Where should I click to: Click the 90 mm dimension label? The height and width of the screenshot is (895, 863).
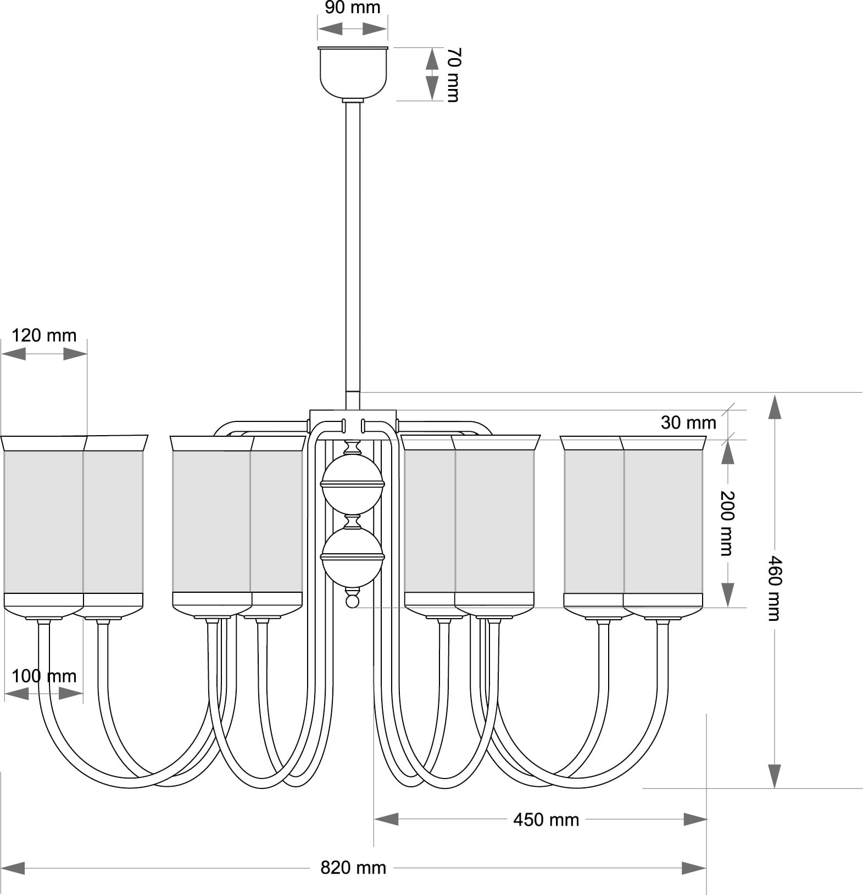[x=352, y=8]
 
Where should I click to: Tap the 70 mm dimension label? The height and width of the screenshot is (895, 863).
[x=453, y=75]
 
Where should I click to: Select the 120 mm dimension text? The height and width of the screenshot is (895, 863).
[x=44, y=335]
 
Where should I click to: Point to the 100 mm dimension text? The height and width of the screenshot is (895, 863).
[x=44, y=676]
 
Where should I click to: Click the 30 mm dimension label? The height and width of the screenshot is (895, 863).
[x=688, y=423]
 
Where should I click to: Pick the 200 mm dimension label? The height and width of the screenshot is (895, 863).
[x=727, y=522]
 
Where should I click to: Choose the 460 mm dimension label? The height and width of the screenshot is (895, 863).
[x=774, y=588]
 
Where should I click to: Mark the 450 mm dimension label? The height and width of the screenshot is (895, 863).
[x=546, y=820]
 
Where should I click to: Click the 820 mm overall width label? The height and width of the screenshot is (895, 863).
[x=353, y=868]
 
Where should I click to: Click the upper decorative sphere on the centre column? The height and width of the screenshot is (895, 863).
[x=352, y=483]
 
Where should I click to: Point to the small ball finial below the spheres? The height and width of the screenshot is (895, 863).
[x=352, y=601]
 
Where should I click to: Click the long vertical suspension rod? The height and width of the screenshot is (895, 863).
[x=353, y=247]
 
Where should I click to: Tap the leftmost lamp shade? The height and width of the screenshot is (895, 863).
[x=43, y=522]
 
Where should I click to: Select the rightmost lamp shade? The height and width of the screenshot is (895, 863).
[x=664, y=522]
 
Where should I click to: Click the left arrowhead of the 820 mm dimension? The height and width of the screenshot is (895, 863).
[x=13, y=868]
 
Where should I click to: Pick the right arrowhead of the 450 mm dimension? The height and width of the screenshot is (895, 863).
[x=695, y=820]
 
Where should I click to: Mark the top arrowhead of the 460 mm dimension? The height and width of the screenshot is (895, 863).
[x=774, y=407]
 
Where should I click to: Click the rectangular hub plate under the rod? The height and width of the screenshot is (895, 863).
[x=353, y=416]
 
